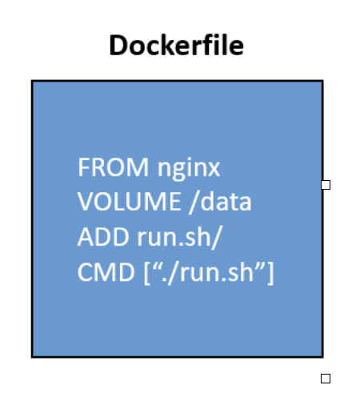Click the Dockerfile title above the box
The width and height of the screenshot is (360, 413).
(x=176, y=46)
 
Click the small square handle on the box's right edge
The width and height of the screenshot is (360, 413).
(x=326, y=185)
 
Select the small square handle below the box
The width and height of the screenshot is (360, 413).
(x=326, y=379)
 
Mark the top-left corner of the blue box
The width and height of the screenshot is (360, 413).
(x=33, y=81)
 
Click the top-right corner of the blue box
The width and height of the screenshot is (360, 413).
(x=322, y=81)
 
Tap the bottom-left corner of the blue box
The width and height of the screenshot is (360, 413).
(x=33, y=356)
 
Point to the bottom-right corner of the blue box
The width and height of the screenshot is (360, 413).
(x=322, y=356)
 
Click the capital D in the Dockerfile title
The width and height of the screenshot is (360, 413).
(x=118, y=46)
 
